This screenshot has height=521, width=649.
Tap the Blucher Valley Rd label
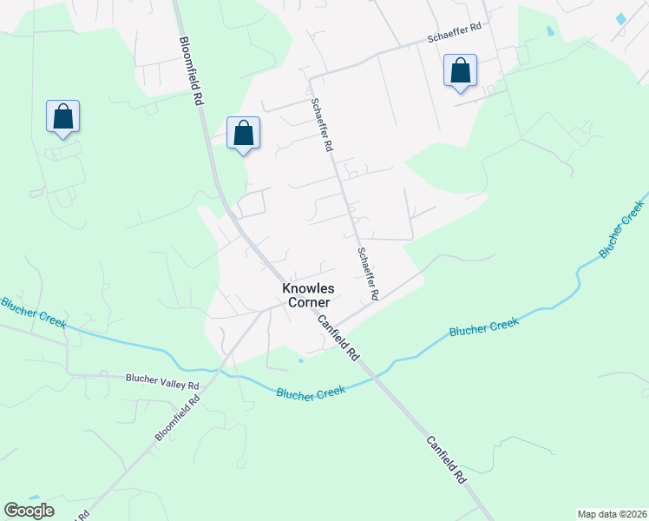pos(162,379)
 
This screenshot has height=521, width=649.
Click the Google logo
pos(29,511)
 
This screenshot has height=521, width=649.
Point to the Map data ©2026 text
pos(611,514)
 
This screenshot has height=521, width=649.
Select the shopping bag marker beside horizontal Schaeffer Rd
pos(460,70)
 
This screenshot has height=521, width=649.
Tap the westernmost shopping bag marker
pos(62,115)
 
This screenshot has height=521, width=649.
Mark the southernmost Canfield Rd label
pos(446,460)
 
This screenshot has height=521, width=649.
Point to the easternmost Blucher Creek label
pos(621,228)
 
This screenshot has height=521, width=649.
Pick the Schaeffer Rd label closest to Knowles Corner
pos(368,274)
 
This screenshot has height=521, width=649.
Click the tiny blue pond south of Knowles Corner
pos(300,359)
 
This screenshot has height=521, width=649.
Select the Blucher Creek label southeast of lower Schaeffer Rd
pos(483,327)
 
